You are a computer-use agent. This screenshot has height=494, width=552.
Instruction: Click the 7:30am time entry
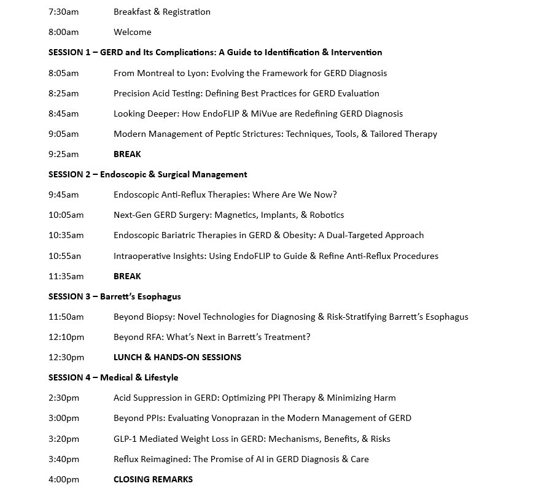click(64, 12)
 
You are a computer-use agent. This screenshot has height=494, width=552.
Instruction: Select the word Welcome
click(132, 32)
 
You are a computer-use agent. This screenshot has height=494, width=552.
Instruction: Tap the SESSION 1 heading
click(215, 52)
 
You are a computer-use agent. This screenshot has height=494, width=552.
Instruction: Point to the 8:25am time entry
click(64, 93)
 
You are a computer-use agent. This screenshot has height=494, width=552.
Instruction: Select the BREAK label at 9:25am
click(127, 154)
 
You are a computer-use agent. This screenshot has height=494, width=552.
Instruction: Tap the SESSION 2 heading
click(147, 174)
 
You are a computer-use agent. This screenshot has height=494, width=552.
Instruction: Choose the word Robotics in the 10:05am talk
click(324, 215)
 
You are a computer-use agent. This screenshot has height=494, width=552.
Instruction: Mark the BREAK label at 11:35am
click(127, 276)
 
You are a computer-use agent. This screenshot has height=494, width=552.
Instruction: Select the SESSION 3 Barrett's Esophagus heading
click(114, 296)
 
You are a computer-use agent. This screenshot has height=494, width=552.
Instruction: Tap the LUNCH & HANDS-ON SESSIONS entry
click(177, 357)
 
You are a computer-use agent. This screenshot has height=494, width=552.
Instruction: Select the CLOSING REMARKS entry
click(153, 479)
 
